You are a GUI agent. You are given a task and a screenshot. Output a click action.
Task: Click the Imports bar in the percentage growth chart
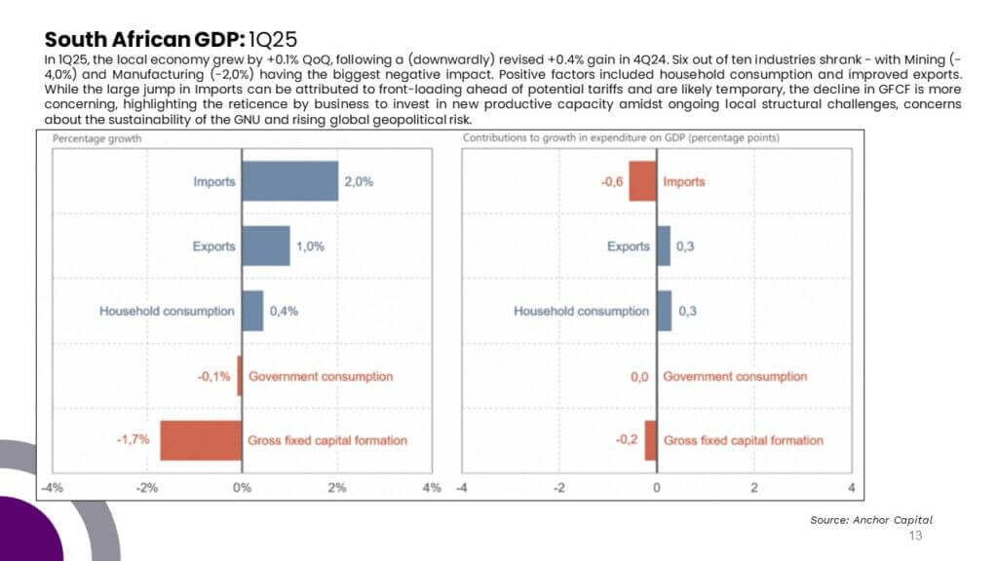tap(290, 181)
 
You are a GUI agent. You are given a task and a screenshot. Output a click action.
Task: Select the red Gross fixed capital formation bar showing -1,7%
tap(201, 440)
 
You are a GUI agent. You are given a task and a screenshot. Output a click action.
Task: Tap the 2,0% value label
tap(359, 182)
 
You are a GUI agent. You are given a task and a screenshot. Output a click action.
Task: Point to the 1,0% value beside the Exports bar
tap(310, 246)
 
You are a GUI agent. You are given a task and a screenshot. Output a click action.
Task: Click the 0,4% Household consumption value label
tap(284, 311)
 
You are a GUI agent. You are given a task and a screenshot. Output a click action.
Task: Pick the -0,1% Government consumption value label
tap(213, 377)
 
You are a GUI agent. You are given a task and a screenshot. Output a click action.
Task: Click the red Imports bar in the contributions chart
tap(643, 181)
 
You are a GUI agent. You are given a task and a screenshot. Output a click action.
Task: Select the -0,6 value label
tap(612, 182)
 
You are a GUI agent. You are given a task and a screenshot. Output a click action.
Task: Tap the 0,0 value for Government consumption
tap(639, 377)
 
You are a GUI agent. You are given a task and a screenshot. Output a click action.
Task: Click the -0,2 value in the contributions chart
tap(627, 439)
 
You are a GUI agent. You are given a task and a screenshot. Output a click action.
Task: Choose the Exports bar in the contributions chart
tap(664, 246)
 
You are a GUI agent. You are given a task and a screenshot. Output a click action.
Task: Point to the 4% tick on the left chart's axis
tap(432, 488)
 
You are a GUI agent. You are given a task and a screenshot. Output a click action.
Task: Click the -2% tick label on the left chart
tap(146, 488)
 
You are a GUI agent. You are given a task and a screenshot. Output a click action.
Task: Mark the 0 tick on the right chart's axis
tap(657, 488)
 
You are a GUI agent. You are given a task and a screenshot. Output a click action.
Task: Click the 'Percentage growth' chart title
tap(96, 138)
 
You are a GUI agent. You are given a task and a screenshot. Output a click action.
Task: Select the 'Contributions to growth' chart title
tap(621, 138)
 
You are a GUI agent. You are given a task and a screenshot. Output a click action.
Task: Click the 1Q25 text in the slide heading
tap(273, 39)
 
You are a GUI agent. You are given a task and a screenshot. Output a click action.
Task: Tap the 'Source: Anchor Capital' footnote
tap(871, 520)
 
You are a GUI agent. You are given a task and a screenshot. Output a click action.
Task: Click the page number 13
tap(915, 536)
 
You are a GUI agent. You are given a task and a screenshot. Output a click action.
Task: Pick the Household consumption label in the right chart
tap(582, 311)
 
